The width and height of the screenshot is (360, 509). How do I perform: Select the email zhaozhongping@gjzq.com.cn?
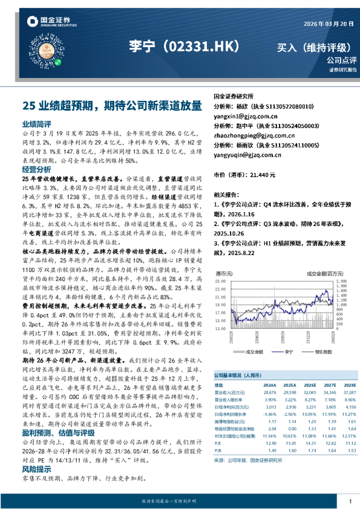click(x=254, y=136)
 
